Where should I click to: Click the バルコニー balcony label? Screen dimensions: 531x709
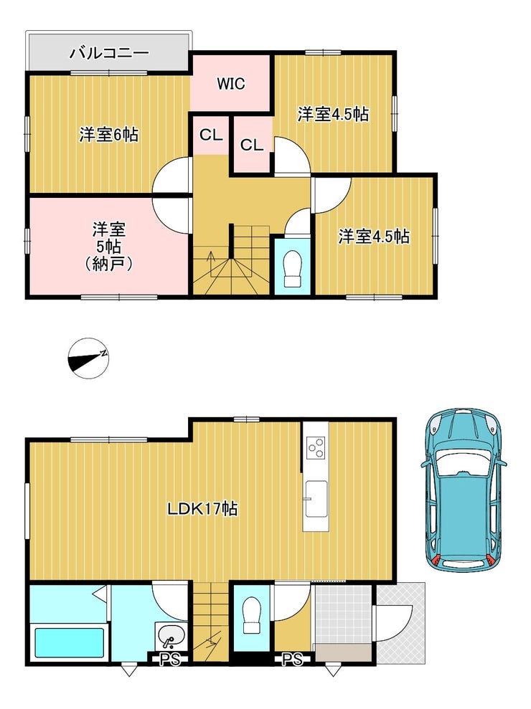click(109, 53)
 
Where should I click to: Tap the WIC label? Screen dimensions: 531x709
click(231, 84)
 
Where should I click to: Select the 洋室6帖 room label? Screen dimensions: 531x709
click(108, 134)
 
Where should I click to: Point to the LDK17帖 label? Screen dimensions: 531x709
click(202, 509)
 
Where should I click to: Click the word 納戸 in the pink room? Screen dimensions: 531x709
click(109, 264)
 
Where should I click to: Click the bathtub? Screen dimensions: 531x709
click(69, 642)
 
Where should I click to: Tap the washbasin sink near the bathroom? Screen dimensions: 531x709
click(170, 636)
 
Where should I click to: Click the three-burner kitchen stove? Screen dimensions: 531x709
click(316, 447)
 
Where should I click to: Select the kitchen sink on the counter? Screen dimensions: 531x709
click(316, 499)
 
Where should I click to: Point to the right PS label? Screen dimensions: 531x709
click(292, 660)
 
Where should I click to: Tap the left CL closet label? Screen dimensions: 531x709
click(210, 135)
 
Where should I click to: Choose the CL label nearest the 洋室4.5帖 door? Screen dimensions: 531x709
click(251, 145)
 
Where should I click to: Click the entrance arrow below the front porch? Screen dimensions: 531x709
click(333, 670)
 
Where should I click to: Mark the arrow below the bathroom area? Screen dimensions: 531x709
click(129, 670)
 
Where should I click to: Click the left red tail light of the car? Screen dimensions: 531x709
click(436, 561)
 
